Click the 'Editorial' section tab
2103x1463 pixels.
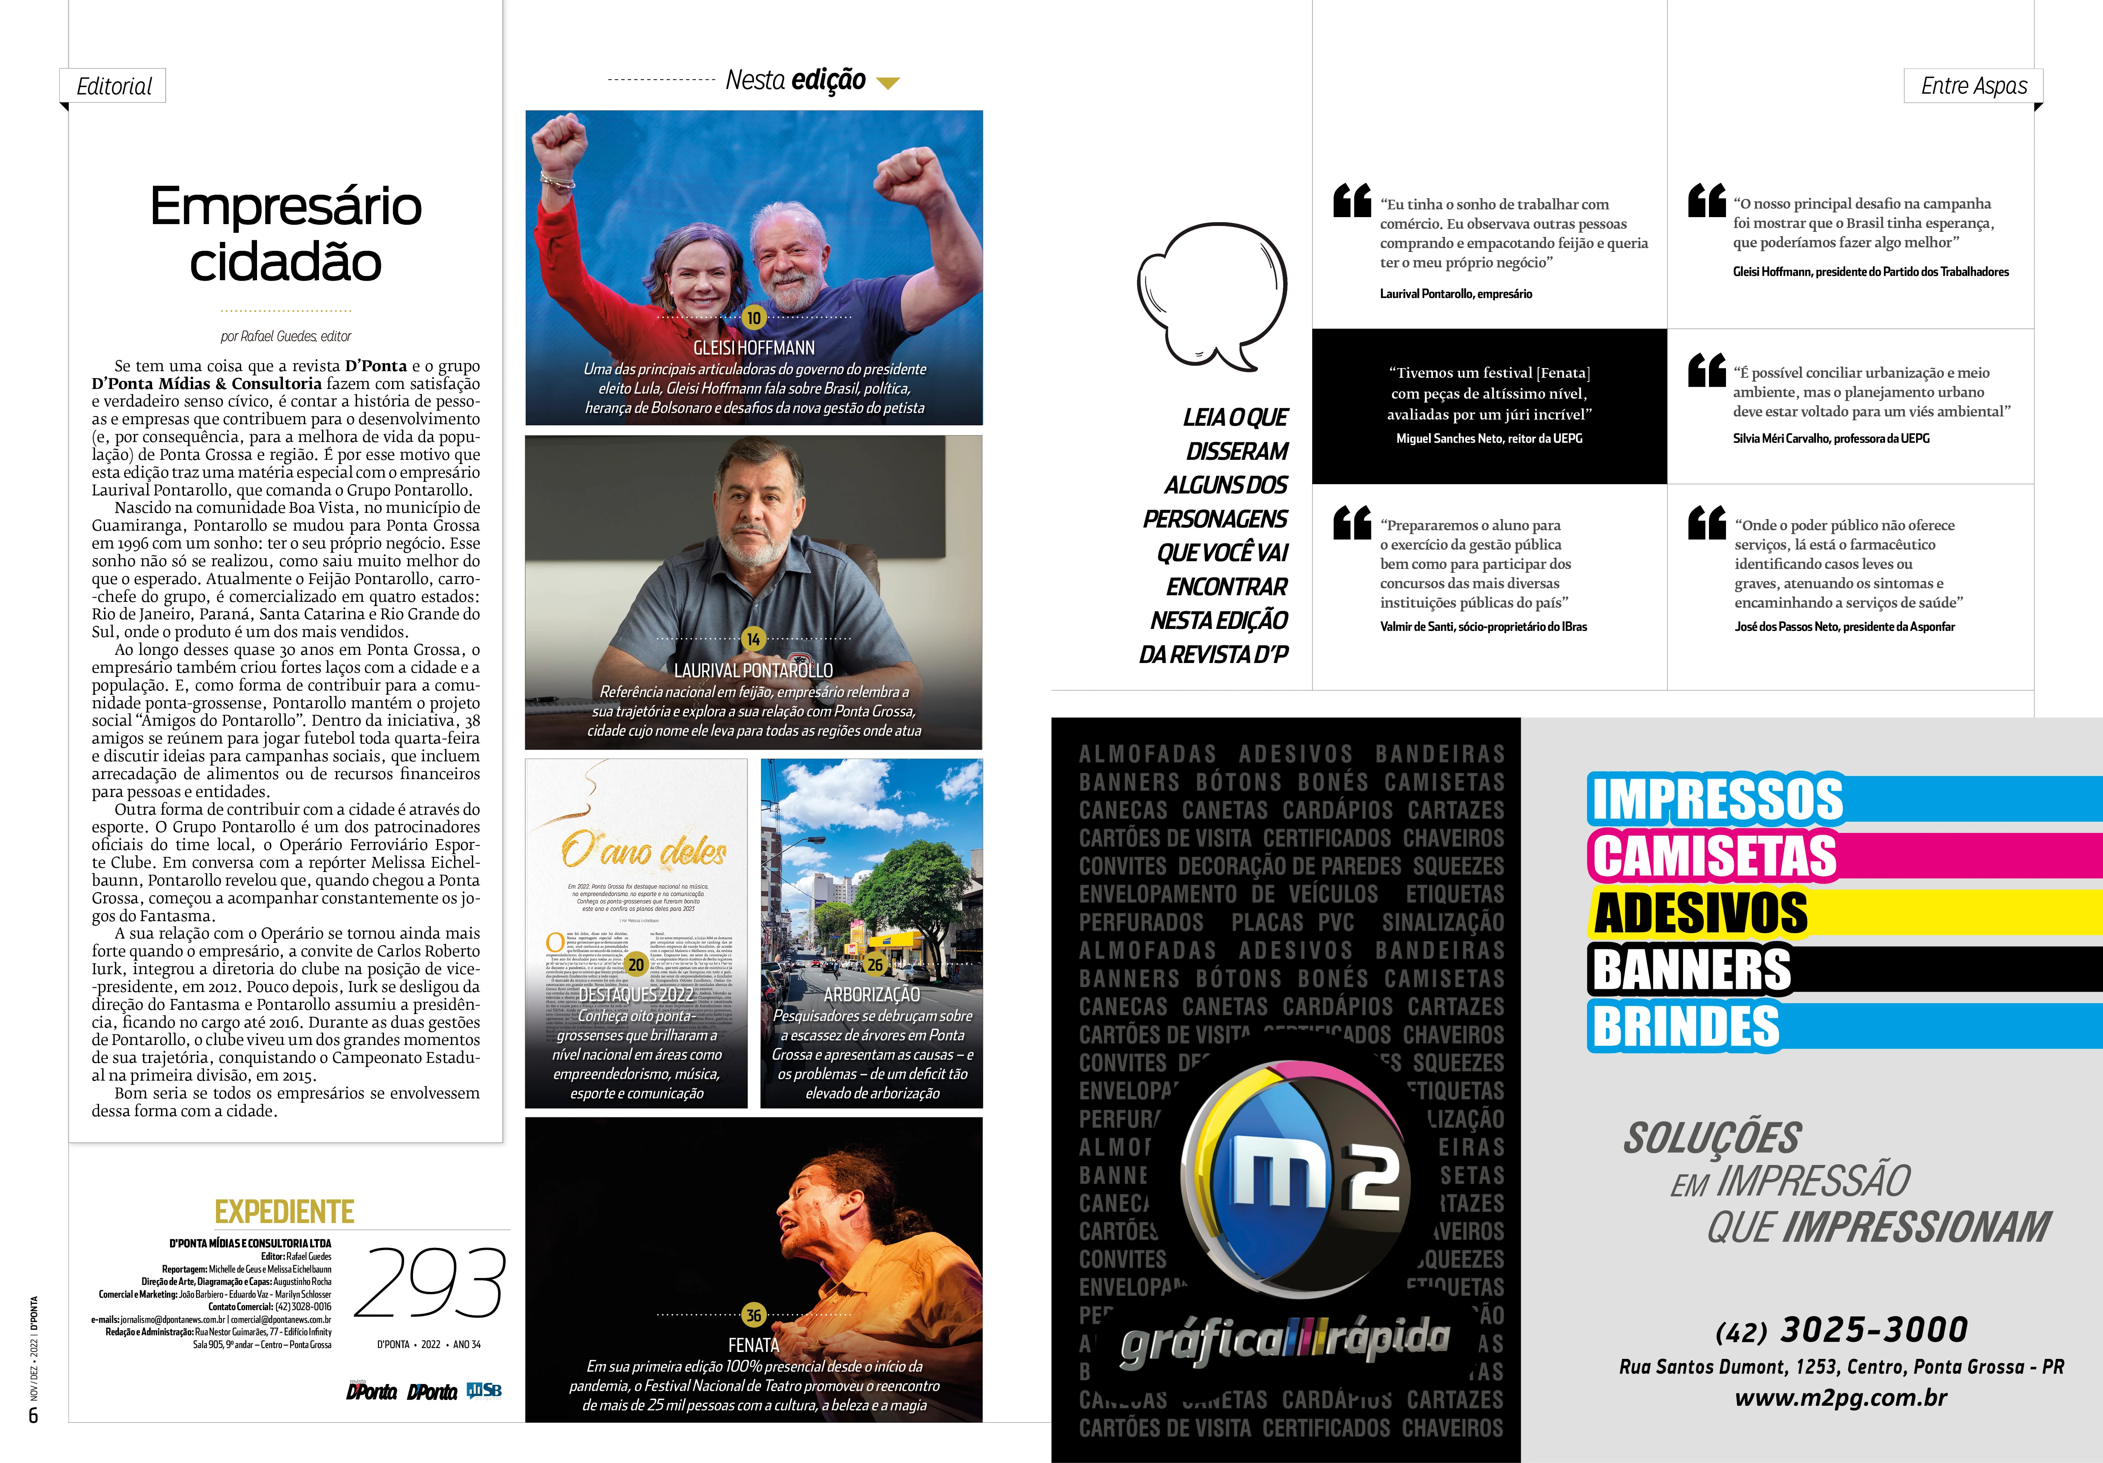point(113,86)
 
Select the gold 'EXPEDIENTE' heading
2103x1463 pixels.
point(284,1212)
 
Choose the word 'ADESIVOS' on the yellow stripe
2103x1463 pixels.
point(1701,912)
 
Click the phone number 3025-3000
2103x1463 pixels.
point(1873,1329)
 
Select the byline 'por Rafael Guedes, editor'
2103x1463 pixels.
point(286,336)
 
